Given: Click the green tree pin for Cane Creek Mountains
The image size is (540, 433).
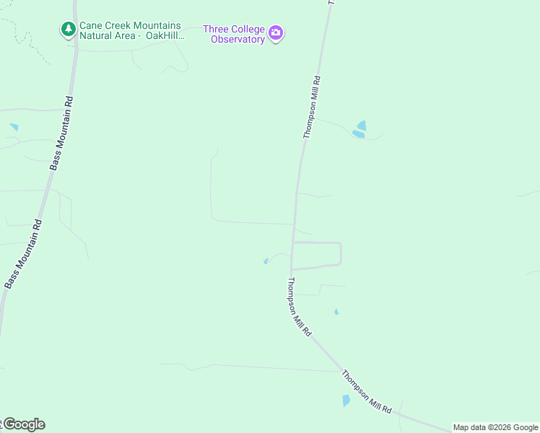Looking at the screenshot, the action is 69,30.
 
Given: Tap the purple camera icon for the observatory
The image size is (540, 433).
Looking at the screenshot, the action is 275,33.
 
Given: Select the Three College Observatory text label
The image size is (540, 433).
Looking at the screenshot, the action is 234,35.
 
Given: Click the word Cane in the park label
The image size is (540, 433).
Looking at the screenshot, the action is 92,25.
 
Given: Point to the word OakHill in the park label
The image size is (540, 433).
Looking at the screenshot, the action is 162,35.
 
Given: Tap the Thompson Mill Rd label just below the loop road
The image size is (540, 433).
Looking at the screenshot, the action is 299,306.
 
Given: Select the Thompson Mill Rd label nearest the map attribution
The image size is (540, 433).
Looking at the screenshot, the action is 367,393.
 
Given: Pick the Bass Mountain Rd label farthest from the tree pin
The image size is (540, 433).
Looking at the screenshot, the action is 24,254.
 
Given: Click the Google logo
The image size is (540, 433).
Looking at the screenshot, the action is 23,424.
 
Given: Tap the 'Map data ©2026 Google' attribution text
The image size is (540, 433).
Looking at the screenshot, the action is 496,427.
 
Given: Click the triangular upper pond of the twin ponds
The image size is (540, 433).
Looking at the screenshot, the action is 362,126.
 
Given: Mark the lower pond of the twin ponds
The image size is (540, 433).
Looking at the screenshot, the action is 357,134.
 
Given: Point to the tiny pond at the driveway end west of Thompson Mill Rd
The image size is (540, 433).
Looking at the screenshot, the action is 266,261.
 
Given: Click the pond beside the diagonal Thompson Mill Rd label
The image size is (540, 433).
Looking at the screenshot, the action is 346,401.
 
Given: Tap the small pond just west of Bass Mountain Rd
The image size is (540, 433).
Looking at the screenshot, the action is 14,127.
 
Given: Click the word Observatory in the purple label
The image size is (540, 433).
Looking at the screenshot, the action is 238,40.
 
